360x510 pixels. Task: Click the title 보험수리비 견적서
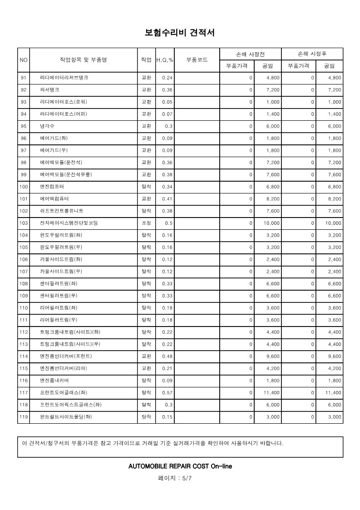179,33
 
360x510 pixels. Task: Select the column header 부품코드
197,60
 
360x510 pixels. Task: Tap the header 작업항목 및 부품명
83,60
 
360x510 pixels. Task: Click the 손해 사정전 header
250,54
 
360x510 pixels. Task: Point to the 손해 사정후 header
312,54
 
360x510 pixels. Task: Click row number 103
24,223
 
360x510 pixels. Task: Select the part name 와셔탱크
49,90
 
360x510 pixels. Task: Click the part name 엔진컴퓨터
52,187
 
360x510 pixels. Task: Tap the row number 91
24,78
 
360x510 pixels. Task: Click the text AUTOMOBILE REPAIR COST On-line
180,466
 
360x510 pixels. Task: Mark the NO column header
24,60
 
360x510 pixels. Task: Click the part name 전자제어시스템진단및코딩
69,223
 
